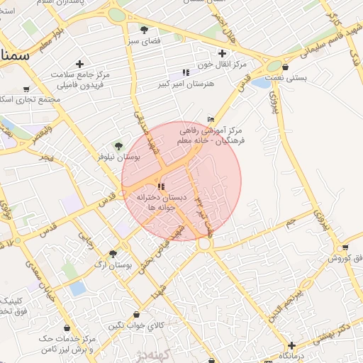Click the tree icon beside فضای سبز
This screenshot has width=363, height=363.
point(144,30)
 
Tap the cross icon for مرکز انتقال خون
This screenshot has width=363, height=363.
point(223,53)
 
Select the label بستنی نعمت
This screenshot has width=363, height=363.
point(286,78)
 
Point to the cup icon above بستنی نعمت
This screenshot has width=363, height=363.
point(285,67)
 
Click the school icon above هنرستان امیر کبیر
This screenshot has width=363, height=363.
point(186,72)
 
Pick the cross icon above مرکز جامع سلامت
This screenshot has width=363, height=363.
point(79,64)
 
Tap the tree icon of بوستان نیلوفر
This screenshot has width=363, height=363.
point(118,145)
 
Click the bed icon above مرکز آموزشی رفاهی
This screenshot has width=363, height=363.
point(210,119)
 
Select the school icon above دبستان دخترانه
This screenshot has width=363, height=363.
point(162,186)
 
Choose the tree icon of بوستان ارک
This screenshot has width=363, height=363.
point(113,253)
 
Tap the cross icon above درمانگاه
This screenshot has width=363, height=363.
point(291,345)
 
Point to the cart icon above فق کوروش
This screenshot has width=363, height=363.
point(345,247)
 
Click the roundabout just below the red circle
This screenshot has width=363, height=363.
point(205,244)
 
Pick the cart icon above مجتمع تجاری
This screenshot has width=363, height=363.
point(26,89)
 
